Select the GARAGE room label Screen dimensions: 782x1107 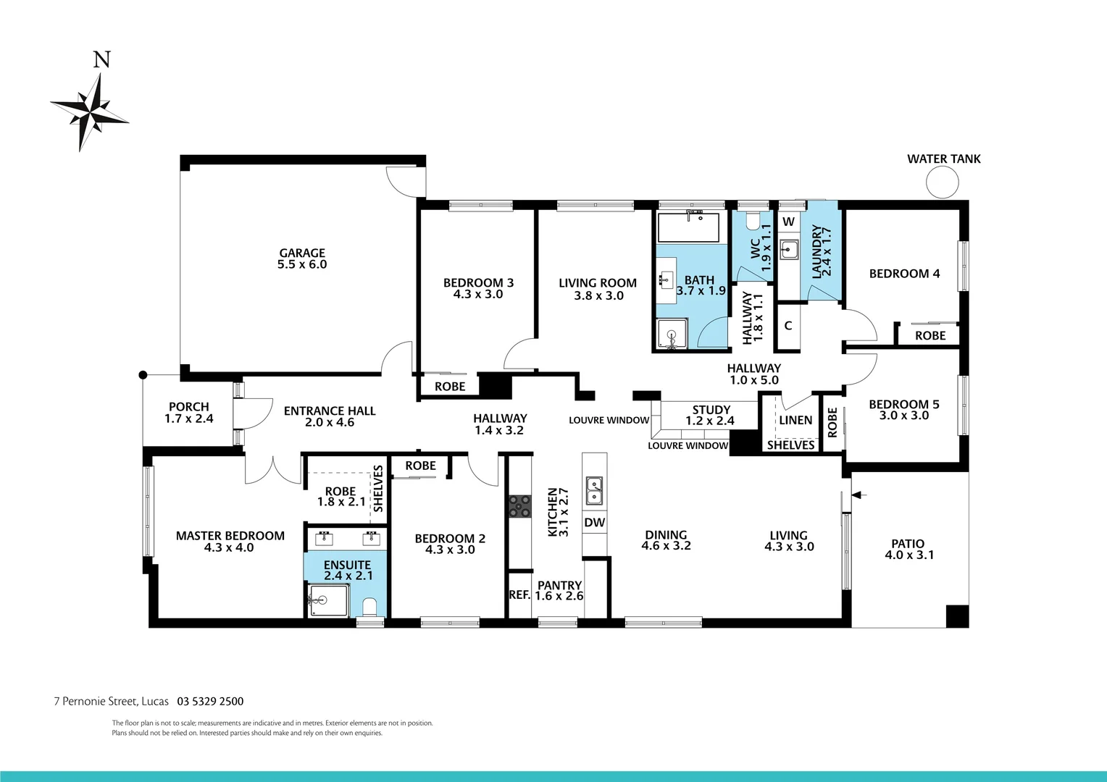coord(302,253)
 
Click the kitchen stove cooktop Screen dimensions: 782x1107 coord(519,506)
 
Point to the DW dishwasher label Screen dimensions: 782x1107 coord(594,523)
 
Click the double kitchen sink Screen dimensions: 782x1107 coord(594,490)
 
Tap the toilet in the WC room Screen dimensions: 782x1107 coord(753,219)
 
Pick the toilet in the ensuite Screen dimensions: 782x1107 coord(369,605)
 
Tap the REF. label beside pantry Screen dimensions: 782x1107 coord(519,595)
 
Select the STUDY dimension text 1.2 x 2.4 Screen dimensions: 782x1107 coord(710,421)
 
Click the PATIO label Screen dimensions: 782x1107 coord(908,544)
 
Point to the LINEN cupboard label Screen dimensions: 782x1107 coord(795,420)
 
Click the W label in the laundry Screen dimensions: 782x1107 coord(788,222)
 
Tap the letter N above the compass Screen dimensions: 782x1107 coord(101,60)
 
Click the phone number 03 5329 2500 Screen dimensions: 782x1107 coord(210,701)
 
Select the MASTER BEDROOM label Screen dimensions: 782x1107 coord(230,536)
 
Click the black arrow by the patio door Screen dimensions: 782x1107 coord(859,495)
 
